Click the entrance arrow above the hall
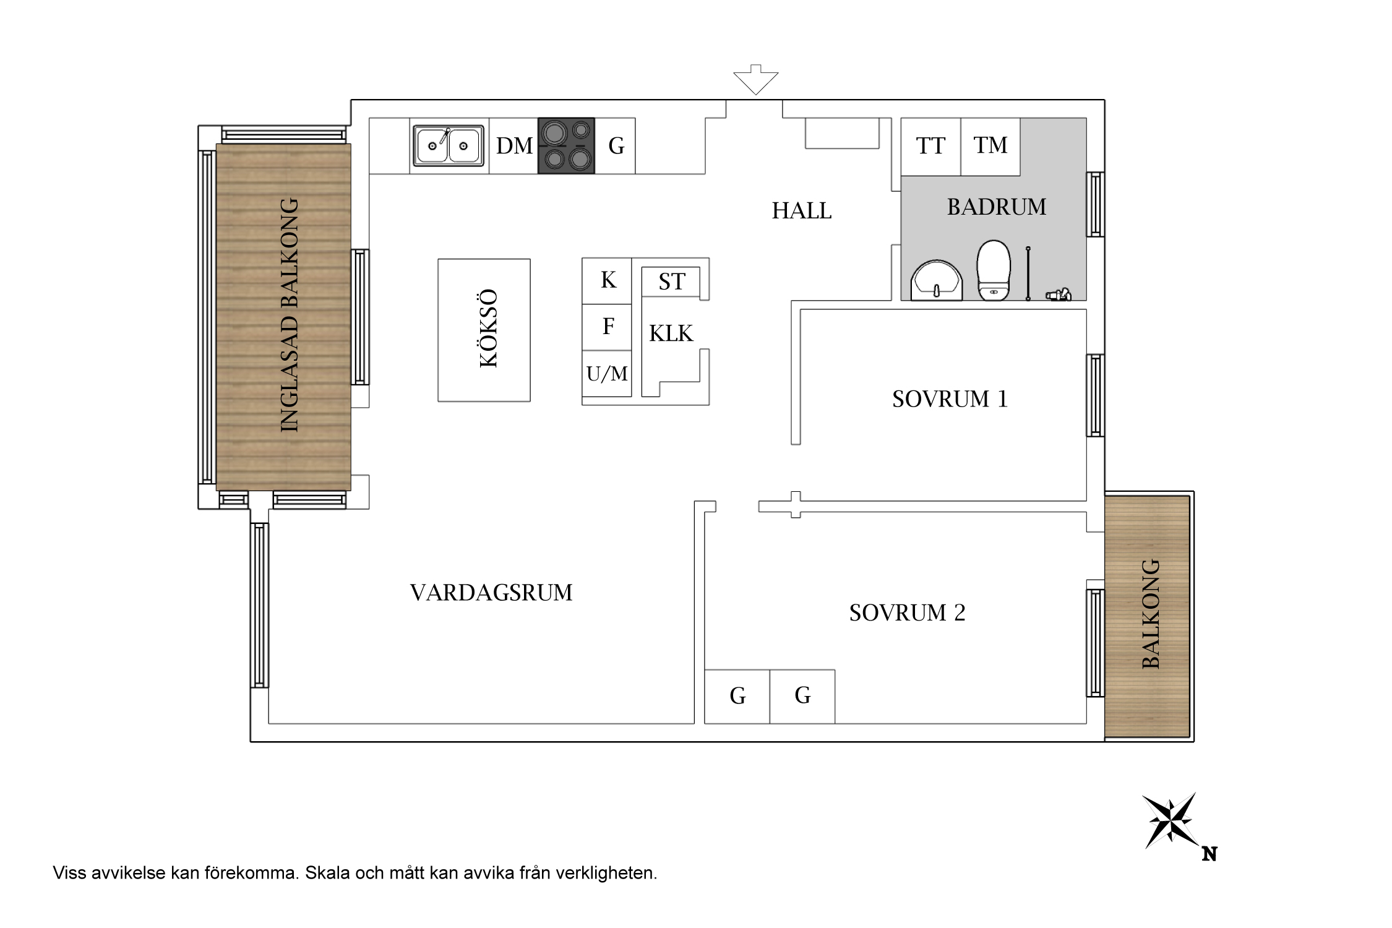[x=755, y=79]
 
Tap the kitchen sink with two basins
[x=449, y=146]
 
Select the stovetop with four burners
[x=566, y=145]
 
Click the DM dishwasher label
[x=514, y=146]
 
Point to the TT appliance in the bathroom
[x=930, y=147]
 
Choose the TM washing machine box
[x=990, y=147]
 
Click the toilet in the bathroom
[x=994, y=270]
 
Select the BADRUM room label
[x=997, y=207]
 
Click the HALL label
[x=802, y=211]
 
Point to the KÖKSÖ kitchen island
[x=484, y=330]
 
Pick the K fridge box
[x=607, y=281]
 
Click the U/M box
[x=607, y=374]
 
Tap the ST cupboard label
[x=672, y=282]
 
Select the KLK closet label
[x=671, y=333]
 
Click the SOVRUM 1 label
[x=950, y=399]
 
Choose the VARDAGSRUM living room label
[x=491, y=593]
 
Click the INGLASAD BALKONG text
[x=290, y=316]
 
